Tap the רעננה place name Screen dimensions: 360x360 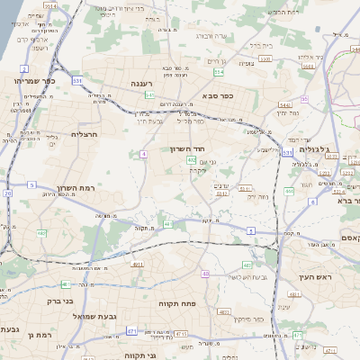point(144,84)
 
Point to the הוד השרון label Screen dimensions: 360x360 point(190,149)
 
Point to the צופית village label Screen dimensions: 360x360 point(246,64)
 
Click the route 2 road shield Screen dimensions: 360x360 point(24,68)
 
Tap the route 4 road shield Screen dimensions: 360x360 point(143,154)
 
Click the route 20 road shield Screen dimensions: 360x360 point(8,193)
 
